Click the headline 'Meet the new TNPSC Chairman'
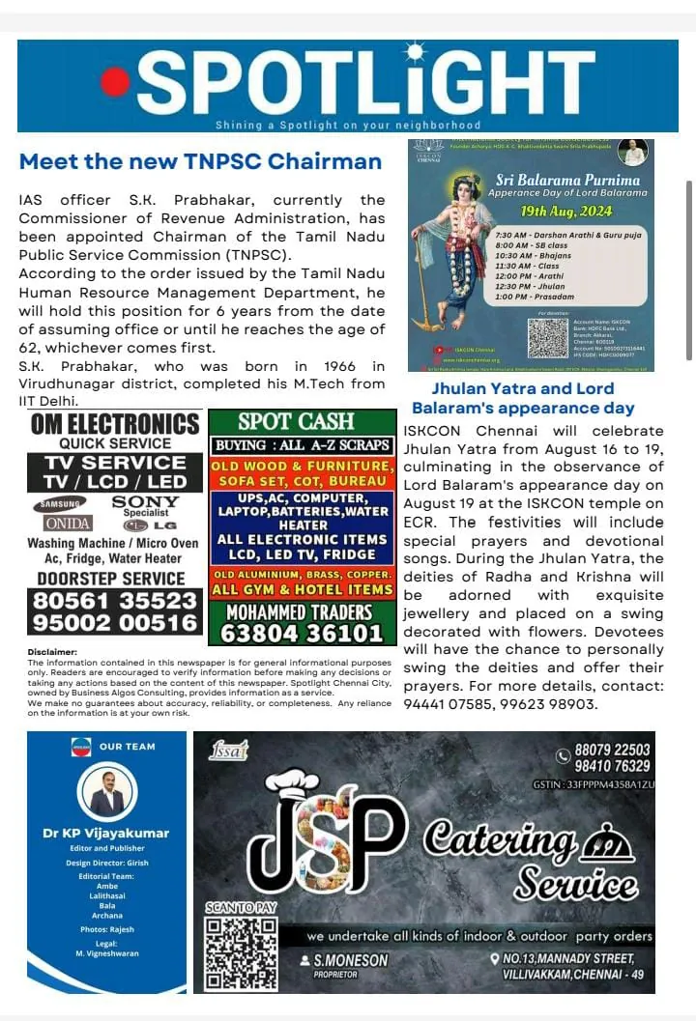coord(201,161)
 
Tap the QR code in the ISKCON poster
coord(548,338)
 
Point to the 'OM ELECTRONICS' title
coord(115,424)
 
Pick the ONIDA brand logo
coord(64,524)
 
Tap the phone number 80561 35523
coord(115,601)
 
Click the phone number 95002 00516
coord(115,623)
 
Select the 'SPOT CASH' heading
coord(303,422)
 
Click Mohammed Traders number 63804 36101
coord(303,634)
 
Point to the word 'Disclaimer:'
coord(52,652)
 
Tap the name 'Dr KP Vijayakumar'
coord(106,833)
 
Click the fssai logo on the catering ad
coord(228,749)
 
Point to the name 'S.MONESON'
coord(350,960)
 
